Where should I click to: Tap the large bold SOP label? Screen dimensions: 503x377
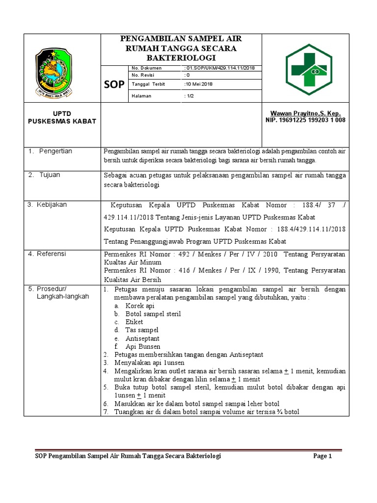114,84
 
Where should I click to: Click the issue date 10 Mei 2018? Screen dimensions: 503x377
199,84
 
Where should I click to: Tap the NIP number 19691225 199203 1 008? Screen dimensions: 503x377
305,120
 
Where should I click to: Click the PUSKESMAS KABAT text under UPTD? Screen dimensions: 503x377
62,121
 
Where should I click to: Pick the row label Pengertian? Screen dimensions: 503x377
55,151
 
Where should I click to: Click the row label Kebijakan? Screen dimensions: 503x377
54,204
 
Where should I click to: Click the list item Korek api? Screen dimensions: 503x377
139,306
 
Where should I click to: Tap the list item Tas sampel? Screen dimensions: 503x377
141,330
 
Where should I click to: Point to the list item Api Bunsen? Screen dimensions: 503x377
142,347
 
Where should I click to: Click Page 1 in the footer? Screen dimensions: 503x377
323,456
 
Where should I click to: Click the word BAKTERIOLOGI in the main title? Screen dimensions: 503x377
181,58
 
